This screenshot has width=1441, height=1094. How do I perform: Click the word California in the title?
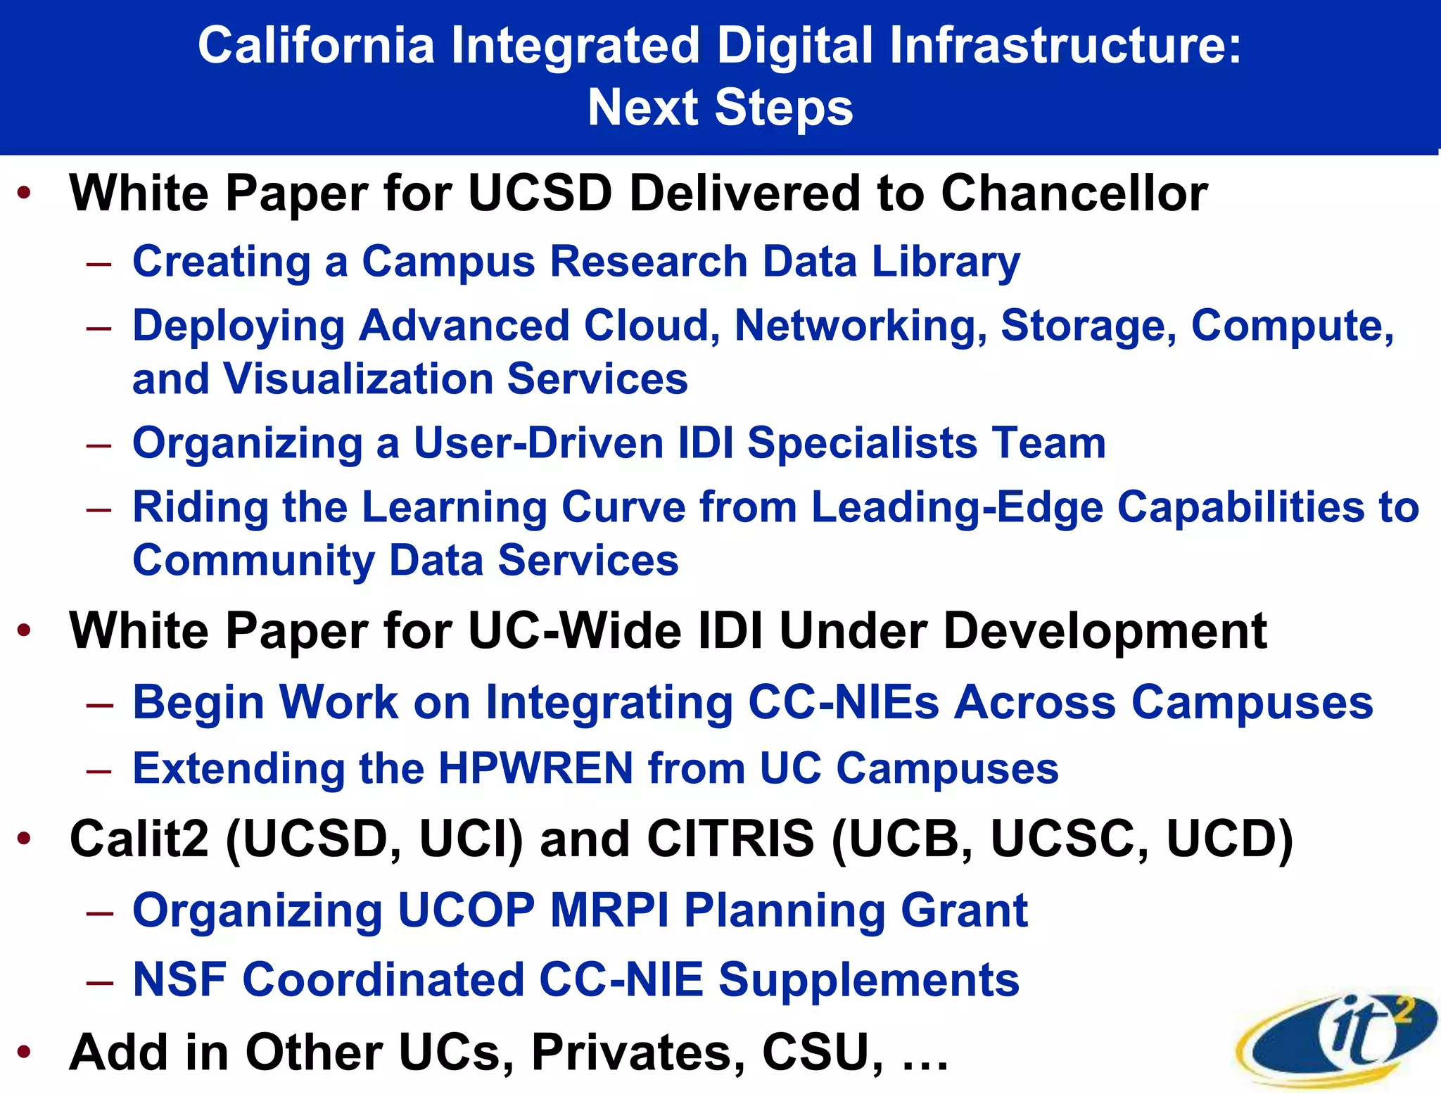316,46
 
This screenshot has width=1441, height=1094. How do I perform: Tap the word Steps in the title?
783,109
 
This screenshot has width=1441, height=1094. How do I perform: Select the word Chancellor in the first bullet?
1074,193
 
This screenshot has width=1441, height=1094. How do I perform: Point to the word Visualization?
358,379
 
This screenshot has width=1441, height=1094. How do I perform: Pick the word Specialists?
861,443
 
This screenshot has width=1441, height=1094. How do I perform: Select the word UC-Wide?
574,630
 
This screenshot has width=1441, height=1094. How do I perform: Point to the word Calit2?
139,839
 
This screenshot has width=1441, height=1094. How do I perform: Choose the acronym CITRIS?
730,839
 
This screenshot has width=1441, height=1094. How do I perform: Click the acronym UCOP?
466,910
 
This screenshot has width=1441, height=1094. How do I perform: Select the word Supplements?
868,979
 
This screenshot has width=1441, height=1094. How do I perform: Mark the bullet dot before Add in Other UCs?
25,1052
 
